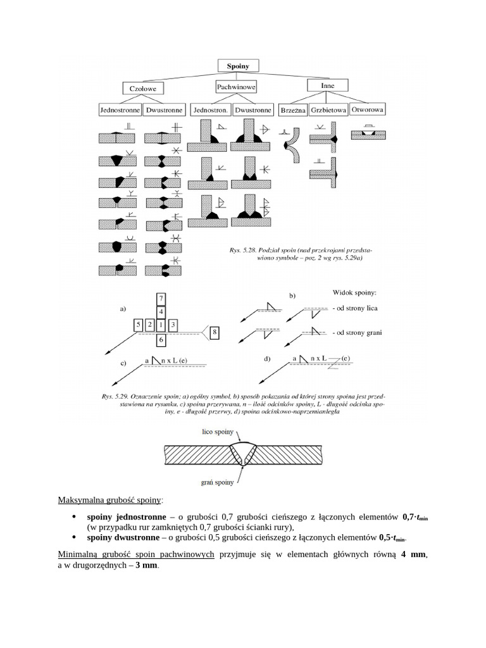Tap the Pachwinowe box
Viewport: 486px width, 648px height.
(x=235, y=85)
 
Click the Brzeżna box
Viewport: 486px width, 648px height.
(x=292, y=111)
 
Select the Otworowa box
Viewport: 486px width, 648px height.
(x=368, y=109)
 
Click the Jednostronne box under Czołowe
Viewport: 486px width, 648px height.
(x=120, y=110)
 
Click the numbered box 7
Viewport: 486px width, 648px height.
(x=161, y=298)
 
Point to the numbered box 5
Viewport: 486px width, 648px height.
(x=138, y=325)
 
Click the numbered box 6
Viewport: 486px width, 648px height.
(x=161, y=340)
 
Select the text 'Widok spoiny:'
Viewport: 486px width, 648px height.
(x=354, y=293)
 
